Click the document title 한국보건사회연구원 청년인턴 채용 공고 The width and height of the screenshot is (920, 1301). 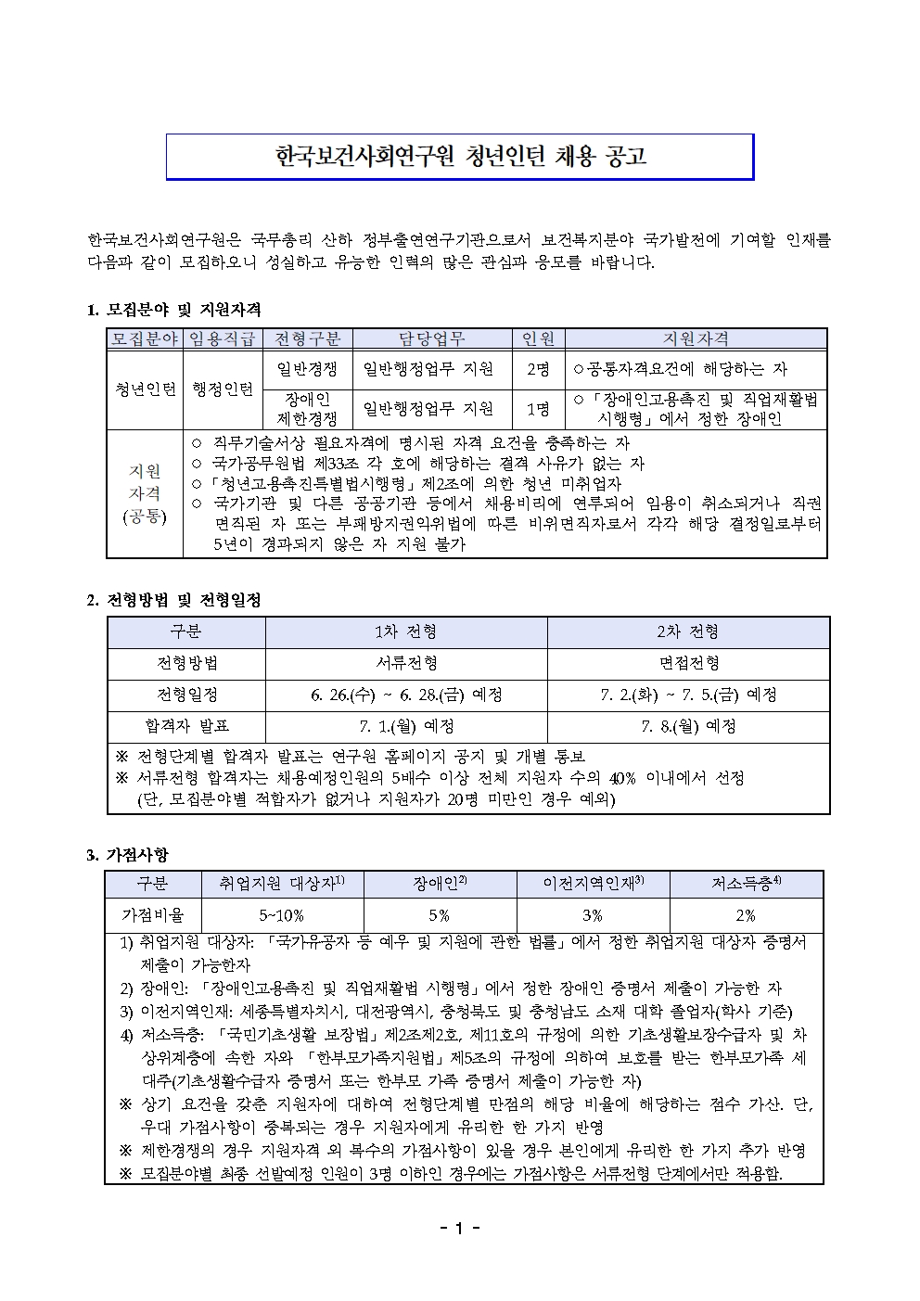coord(460,157)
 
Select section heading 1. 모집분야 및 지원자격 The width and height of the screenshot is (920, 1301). coord(173,309)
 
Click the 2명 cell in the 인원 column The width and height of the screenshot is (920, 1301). coord(538,369)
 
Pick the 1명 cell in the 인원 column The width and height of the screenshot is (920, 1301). coord(538,408)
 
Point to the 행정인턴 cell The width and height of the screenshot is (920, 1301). coord(223,389)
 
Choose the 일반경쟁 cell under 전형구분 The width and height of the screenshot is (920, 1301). coord(307,369)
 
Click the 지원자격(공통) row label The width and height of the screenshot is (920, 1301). coord(145,493)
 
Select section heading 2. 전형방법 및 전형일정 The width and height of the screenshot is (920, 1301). coord(173,600)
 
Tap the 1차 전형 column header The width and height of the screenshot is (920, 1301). coord(406,631)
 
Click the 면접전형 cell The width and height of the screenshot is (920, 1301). coord(688,663)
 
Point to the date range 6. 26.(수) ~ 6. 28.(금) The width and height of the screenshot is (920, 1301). coord(388,695)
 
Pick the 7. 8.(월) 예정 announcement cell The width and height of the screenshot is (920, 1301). coord(688,726)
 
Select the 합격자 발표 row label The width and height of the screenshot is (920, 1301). coord(186,726)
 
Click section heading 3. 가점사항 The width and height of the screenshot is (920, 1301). coord(127,854)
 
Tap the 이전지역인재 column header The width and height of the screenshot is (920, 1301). coord(593,885)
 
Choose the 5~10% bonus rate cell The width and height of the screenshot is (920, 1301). coord(282,915)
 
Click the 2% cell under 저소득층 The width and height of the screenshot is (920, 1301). coord(746,915)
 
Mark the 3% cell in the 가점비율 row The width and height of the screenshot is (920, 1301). coord(593,915)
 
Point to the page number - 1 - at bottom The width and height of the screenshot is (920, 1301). coord(460,1229)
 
